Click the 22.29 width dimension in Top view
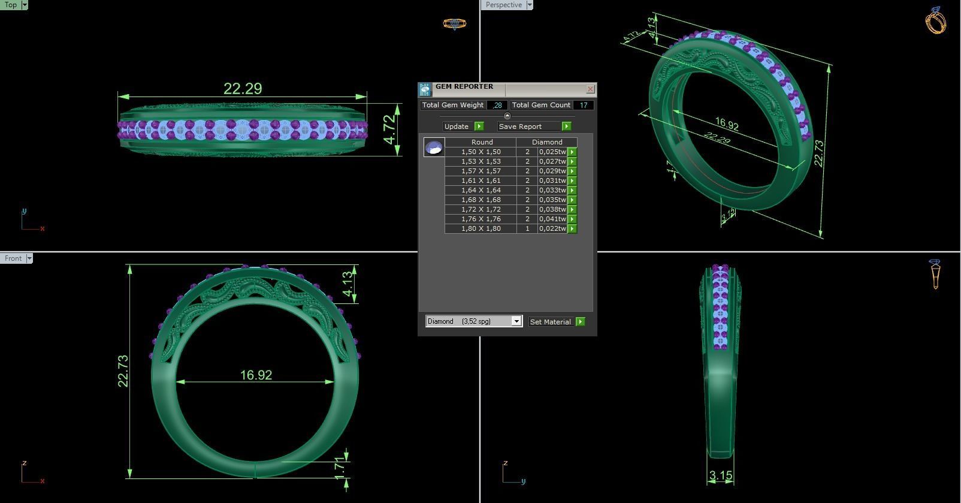point(243,89)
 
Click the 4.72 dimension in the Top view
point(390,129)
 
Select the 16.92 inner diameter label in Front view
point(256,375)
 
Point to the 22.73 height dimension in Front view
point(123,371)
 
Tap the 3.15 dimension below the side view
point(720,476)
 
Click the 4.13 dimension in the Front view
point(347,284)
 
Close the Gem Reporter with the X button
point(590,89)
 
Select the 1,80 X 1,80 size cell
point(480,228)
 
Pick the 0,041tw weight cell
point(552,219)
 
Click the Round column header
point(481,142)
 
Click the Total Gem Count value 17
point(582,105)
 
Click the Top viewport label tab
point(11,5)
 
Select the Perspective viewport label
point(503,5)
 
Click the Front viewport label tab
point(13,258)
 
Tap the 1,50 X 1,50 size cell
point(480,152)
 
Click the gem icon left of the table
point(434,147)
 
